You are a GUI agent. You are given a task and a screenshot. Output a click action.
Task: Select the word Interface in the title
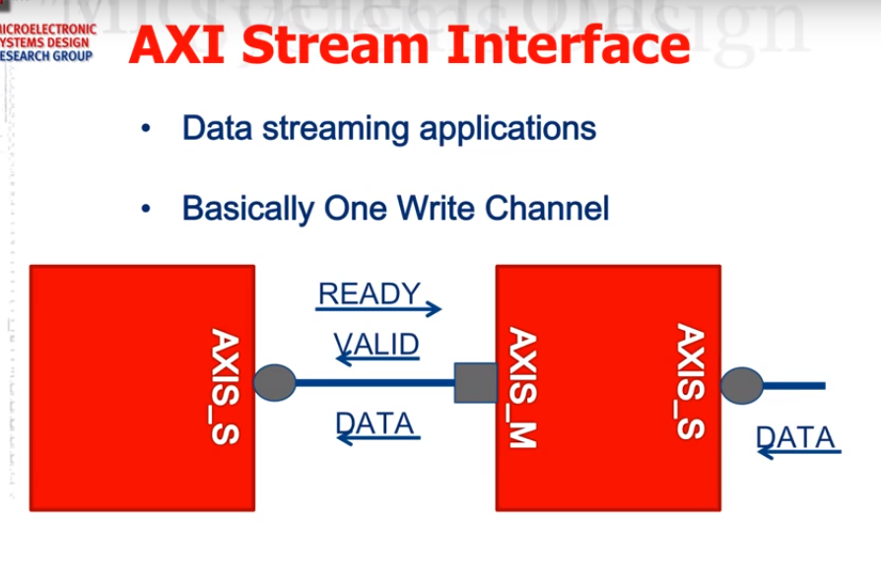click(x=567, y=46)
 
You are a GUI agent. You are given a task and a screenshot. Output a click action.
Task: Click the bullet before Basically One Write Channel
click(x=147, y=209)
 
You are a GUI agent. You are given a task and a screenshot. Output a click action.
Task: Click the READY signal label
click(x=370, y=293)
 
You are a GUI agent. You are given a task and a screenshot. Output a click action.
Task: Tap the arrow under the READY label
click(x=378, y=310)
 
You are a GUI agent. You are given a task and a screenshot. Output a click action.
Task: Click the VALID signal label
click(x=376, y=344)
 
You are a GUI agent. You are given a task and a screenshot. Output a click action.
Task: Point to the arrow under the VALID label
click(x=378, y=360)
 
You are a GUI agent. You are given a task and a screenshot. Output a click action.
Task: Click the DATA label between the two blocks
click(x=374, y=422)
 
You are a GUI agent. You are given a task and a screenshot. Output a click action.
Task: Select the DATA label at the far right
click(x=795, y=436)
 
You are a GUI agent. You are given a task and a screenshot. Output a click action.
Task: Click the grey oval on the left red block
click(x=274, y=382)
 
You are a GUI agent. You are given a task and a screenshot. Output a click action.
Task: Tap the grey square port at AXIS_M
click(x=475, y=382)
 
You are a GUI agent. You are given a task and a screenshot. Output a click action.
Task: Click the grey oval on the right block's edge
click(x=741, y=385)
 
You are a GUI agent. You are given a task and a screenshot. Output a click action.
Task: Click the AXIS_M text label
click(x=522, y=389)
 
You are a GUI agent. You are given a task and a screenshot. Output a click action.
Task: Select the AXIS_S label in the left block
click(x=226, y=386)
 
